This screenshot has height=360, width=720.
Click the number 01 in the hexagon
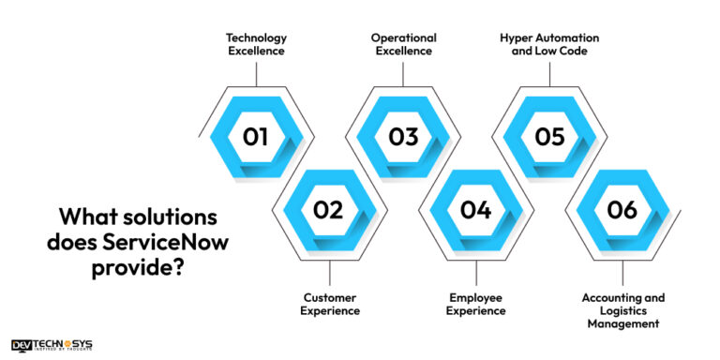pos(255,137)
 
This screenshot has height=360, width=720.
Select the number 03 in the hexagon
pos(403,137)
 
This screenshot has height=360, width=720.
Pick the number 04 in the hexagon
pos(476,210)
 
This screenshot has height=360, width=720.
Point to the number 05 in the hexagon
pos(550,137)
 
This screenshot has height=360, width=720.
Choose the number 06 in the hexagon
pos(622,210)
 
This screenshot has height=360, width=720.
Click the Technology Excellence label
pos(256,44)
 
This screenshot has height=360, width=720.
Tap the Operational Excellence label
pos(402,44)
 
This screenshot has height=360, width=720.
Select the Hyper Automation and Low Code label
pos(549,44)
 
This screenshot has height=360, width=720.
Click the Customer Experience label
pos(329,304)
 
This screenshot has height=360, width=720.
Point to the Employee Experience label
pos(476,304)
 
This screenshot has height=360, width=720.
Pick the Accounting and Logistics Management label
pos(623,310)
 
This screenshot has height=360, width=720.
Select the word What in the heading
pos(86,217)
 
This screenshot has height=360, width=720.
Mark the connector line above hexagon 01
pos(256,72)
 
